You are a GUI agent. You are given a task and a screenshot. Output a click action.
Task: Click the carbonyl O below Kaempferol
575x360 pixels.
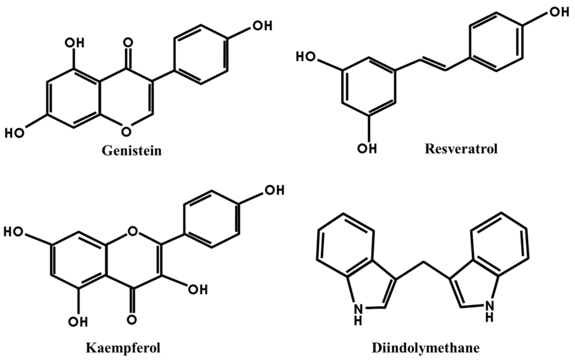[131, 320]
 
